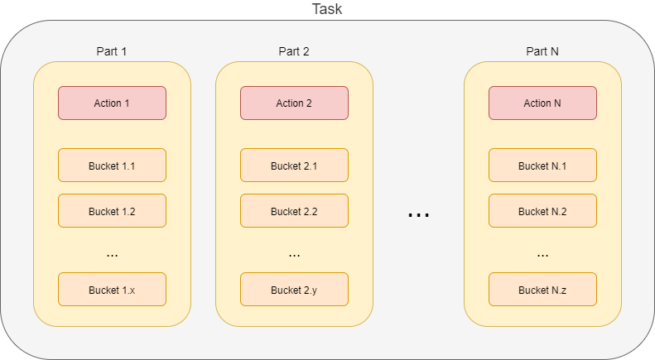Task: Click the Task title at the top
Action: pyautogui.click(x=327, y=9)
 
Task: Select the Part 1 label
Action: pyautogui.click(x=112, y=51)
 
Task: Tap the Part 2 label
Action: pyautogui.click(x=294, y=51)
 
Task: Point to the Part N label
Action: pyautogui.click(x=542, y=51)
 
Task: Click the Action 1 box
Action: pyautogui.click(x=112, y=103)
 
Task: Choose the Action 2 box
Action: pyautogui.click(x=294, y=103)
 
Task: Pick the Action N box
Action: pyautogui.click(x=542, y=103)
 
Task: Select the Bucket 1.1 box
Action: pyautogui.click(x=112, y=166)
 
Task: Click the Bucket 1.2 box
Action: pyautogui.click(x=112, y=211)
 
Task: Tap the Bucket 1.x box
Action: pyautogui.click(x=112, y=290)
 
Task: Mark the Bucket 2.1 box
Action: pyautogui.click(x=294, y=166)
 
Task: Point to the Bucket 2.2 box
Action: pyautogui.click(x=294, y=211)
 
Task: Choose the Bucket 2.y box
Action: pyautogui.click(x=294, y=290)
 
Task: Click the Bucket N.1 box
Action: pyautogui.click(x=542, y=166)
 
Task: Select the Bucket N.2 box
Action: pyautogui.click(x=542, y=211)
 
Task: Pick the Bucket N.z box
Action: pyautogui.click(x=542, y=290)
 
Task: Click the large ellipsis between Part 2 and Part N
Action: pyautogui.click(x=418, y=215)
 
